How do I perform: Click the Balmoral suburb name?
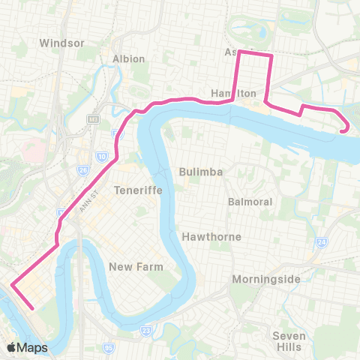[248, 202]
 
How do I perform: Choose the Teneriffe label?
[133, 190]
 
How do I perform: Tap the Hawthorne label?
[211, 236]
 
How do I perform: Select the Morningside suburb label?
[267, 279]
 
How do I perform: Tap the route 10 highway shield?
[101, 156]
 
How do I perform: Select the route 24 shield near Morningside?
[321, 242]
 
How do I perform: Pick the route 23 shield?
[145, 329]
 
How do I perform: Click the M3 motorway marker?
[92, 118]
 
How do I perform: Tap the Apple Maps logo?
[27, 347]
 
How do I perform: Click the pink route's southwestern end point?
[32, 307]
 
